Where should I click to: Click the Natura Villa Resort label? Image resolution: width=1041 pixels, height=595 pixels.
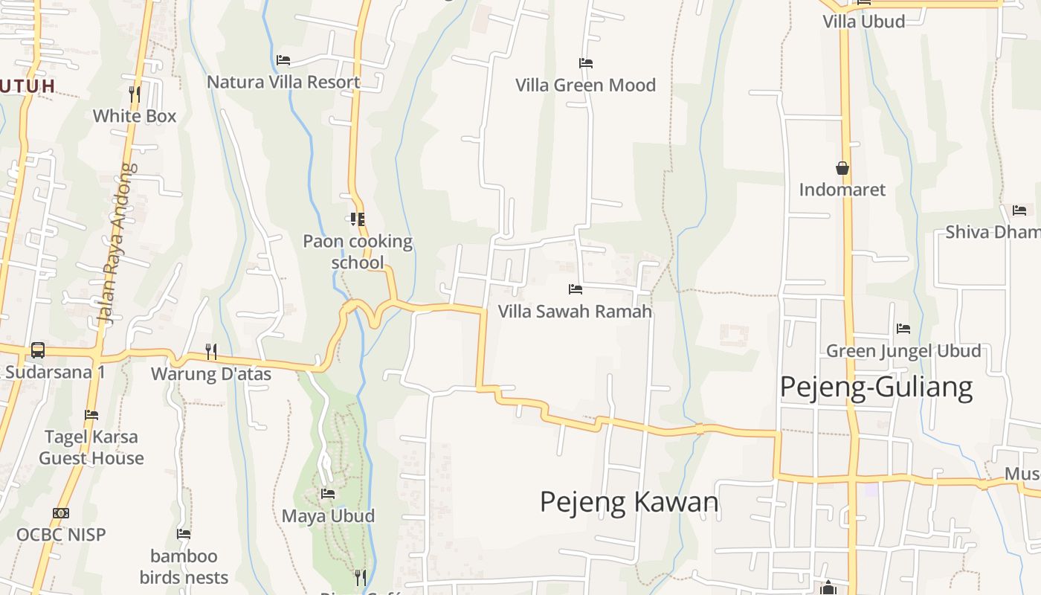(x=283, y=82)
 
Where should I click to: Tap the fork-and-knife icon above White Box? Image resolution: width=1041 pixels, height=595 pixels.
(x=135, y=94)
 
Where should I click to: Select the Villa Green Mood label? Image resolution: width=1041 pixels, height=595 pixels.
(x=586, y=86)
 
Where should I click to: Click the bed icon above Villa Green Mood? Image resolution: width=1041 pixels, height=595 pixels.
(x=586, y=63)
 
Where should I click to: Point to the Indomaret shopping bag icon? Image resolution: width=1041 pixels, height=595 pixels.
(x=842, y=168)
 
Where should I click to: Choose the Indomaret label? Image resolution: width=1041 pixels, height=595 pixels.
(x=842, y=190)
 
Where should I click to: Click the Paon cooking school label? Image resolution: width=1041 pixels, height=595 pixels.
(x=358, y=251)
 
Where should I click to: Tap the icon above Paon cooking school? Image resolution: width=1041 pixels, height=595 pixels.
(x=358, y=219)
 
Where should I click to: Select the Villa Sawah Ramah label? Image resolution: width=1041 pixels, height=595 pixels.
(x=575, y=311)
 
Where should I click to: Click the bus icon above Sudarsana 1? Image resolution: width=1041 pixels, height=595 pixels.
(x=37, y=350)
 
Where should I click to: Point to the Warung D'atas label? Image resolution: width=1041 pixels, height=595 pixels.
(x=211, y=373)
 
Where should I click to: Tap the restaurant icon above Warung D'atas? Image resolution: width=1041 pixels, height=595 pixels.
(x=211, y=351)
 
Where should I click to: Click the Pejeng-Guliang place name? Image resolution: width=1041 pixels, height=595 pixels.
(x=876, y=387)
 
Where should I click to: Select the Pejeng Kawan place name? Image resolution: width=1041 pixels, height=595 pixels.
(x=629, y=502)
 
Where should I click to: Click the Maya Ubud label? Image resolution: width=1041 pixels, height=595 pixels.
(x=328, y=515)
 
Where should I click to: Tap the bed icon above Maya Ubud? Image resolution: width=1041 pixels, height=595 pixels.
(x=328, y=494)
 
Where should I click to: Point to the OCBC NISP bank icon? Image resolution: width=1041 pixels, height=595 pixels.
(x=61, y=513)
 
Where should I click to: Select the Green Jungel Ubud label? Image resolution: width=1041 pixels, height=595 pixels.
(x=903, y=350)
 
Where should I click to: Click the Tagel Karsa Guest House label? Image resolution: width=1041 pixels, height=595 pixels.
(x=91, y=447)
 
